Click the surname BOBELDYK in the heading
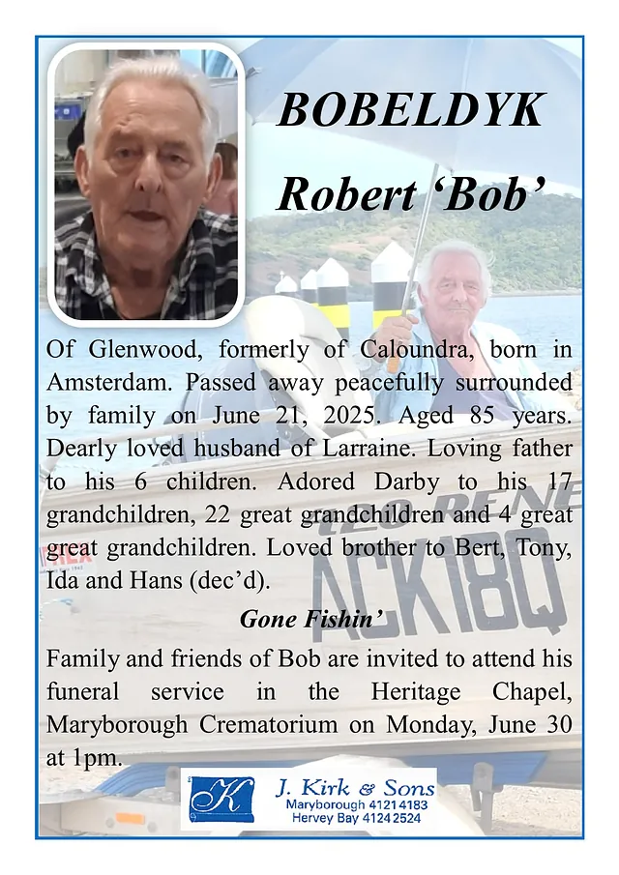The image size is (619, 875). point(411,111)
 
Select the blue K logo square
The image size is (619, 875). point(221,799)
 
